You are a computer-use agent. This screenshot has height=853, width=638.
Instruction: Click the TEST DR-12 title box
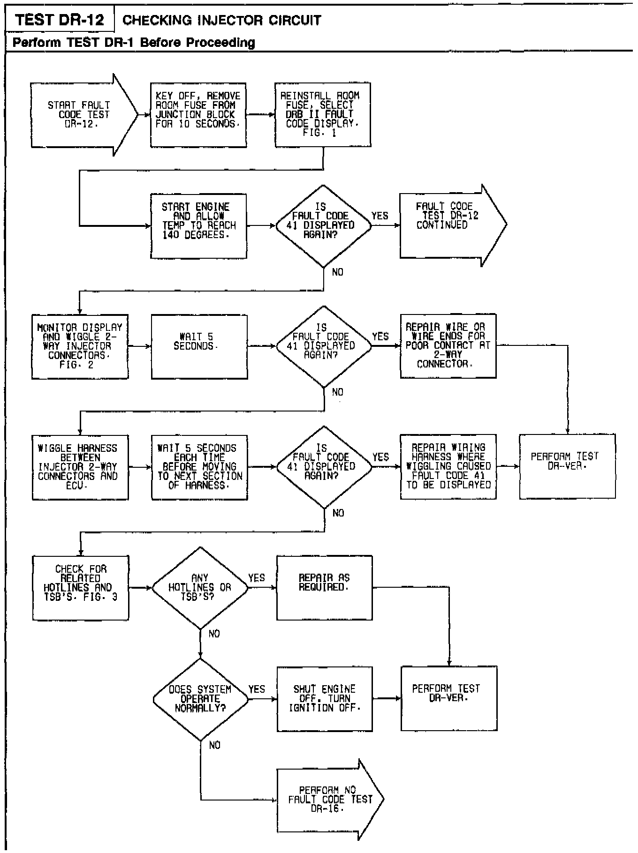click(59, 20)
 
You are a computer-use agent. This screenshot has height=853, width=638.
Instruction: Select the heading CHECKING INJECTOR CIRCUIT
click(221, 21)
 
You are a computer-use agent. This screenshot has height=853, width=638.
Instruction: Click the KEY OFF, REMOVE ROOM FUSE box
click(198, 115)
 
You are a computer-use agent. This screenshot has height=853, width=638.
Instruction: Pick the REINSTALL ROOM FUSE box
click(322, 115)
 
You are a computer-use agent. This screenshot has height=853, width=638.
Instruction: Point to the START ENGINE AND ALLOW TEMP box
click(198, 225)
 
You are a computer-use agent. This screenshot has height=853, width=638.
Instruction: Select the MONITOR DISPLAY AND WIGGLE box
click(80, 346)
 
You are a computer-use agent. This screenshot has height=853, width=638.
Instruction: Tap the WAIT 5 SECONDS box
click(199, 346)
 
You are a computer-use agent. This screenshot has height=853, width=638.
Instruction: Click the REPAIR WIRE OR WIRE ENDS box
click(448, 346)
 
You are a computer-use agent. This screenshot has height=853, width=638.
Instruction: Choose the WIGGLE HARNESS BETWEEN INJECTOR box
click(80, 467)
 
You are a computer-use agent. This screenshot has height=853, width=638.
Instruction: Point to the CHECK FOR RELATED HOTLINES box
click(80, 588)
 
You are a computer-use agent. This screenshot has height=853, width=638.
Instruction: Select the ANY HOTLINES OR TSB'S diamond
click(200, 588)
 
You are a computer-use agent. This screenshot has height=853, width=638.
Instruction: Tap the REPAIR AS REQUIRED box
click(324, 588)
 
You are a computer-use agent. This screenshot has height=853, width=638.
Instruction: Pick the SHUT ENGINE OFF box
click(324, 699)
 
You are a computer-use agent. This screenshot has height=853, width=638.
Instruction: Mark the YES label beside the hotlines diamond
click(257, 578)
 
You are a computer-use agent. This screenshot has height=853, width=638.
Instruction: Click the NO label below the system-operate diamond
click(214, 746)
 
